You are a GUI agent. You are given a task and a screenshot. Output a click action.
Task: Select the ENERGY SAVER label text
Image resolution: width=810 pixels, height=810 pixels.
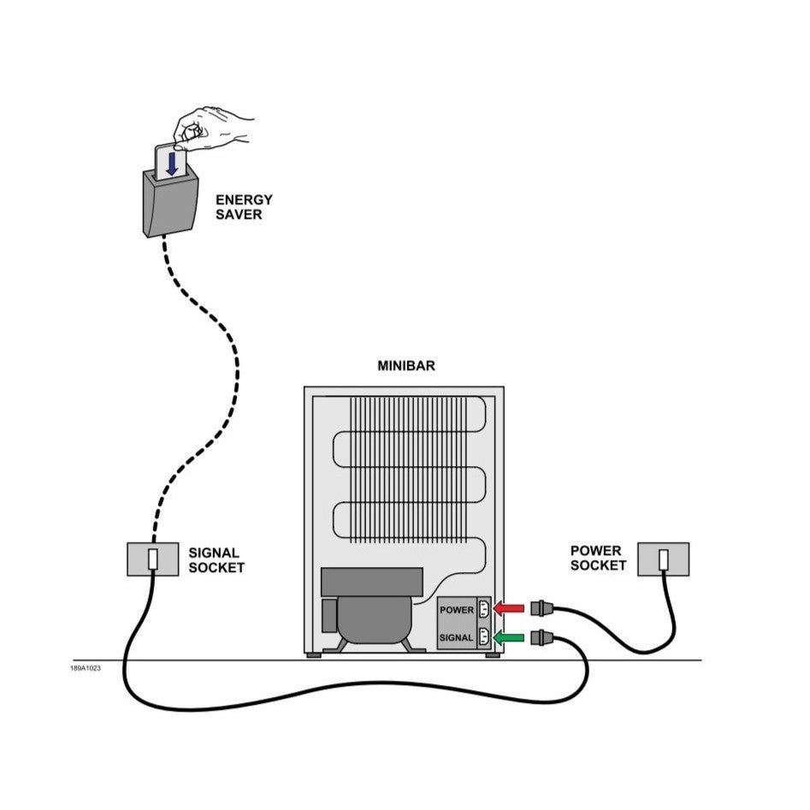pyautogui.click(x=244, y=207)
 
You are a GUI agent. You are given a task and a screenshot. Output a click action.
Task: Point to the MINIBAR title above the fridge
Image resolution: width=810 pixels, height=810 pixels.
pyautogui.click(x=406, y=366)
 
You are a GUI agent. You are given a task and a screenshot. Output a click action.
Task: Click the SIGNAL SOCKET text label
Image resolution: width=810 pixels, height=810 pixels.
pyautogui.click(x=216, y=560)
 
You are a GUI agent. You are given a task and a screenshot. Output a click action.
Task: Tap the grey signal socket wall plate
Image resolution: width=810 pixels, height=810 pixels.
pyautogui.click(x=152, y=559)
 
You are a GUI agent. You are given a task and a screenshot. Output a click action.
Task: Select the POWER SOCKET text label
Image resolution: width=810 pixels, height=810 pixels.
pyautogui.click(x=598, y=558)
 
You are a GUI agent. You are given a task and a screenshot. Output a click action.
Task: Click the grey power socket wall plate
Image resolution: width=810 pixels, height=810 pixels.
pyautogui.click(x=663, y=559)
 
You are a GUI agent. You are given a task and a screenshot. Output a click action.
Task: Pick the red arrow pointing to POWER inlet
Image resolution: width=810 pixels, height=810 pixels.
pyautogui.click(x=511, y=609)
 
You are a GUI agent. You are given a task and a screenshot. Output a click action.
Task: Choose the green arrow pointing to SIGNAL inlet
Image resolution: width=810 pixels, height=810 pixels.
pyautogui.click(x=510, y=636)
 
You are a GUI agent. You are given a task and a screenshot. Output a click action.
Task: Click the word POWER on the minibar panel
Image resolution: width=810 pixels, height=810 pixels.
pyautogui.click(x=457, y=610)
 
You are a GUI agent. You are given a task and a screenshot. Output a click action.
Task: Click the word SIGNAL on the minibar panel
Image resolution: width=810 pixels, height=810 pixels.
pyautogui.click(x=457, y=637)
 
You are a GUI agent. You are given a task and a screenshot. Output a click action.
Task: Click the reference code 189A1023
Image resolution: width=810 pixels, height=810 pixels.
pyautogui.click(x=86, y=668)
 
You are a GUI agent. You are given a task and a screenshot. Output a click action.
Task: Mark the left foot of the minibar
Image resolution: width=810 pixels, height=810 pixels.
pyautogui.click(x=315, y=655)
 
